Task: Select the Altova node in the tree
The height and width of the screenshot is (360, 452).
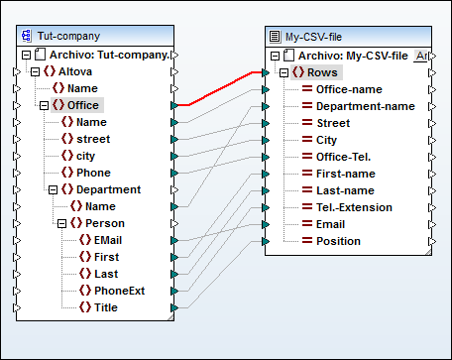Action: [75, 71]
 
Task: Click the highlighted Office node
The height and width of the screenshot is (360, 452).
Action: [83, 105]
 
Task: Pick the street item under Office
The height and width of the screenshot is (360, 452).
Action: [93, 139]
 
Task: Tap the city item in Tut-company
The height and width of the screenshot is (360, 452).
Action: [89, 156]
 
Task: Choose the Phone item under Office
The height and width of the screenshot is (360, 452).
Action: [94, 173]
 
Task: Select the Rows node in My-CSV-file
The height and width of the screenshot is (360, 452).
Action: [321, 72]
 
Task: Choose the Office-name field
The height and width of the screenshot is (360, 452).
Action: [350, 89]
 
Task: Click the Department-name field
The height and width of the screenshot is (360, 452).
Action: [365, 106]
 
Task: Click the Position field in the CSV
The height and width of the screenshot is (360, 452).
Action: [338, 241]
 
